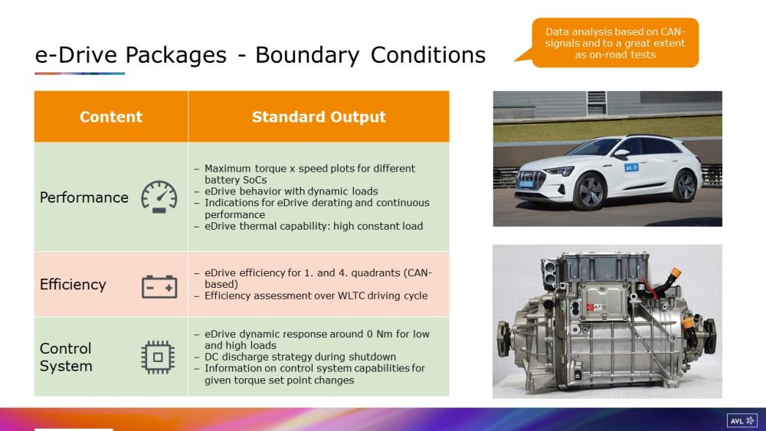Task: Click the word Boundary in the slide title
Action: pyautogui.click(x=307, y=55)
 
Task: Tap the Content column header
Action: pyautogui.click(x=111, y=116)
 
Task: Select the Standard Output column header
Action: pyautogui.click(x=319, y=116)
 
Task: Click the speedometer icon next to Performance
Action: pyautogui.click(x=159, y=197)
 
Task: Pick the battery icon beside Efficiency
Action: pyautogui.click(x=159, y=286)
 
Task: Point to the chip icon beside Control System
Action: pyautogui.click(x=158, y=358)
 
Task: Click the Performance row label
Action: pyautogui.click(x=84, y=198)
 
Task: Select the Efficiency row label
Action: pyautogui.click(x=73, y=284)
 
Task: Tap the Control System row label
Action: pyautogui.click(x=66, y=357)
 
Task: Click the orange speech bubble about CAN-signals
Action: pyautogui.click(x=614, y=43)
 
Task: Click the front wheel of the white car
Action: pyautogui.click(x=591, y=191)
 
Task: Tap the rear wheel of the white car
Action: pyautogui.click(x=686, y=185)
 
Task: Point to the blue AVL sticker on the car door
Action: pyautogui.click(x=631, y=168)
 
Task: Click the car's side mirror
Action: pyautogui.click(x=621, y=153)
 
